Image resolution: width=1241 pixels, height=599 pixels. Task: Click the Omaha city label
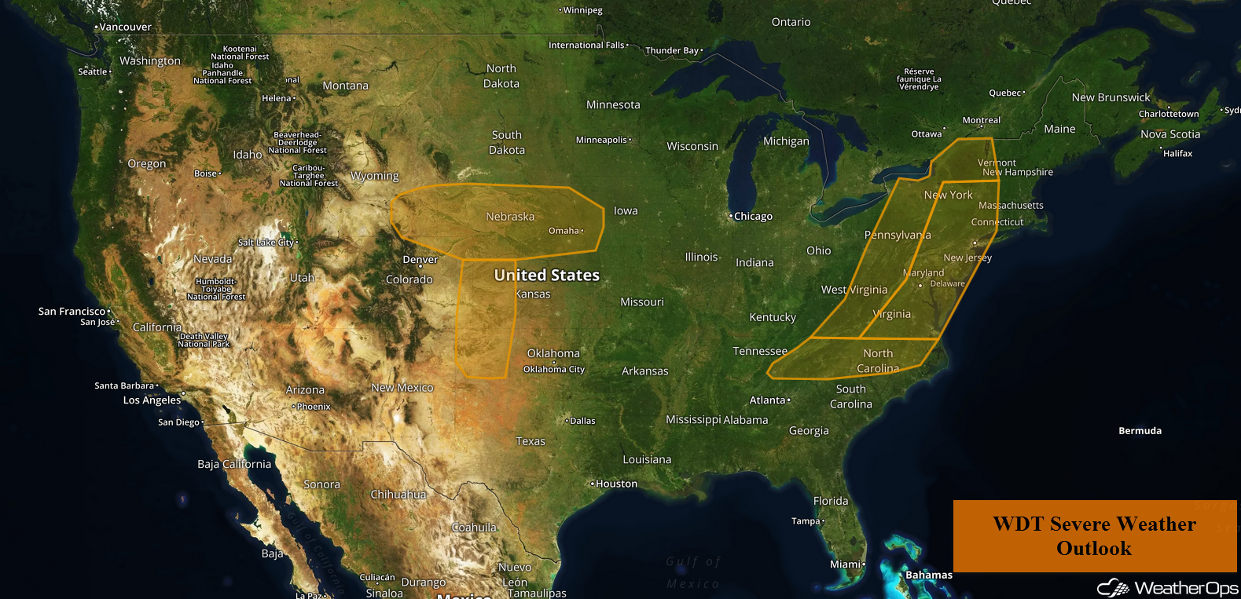(564, 231)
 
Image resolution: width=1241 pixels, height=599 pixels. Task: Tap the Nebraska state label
(510, 217)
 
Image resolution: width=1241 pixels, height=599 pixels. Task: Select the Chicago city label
(753, 216)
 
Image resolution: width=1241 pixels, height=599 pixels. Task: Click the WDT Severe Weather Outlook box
(1094, 536)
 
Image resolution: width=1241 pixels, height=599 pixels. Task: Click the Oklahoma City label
(554, 369)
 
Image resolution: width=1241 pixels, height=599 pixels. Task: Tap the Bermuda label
(1140, 430)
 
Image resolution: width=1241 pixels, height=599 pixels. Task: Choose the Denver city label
(420, 260)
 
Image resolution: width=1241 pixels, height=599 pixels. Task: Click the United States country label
(546, 275)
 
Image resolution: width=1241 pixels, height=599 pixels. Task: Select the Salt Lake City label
(266, 243)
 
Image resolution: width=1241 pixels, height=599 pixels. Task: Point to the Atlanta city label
(768, 400)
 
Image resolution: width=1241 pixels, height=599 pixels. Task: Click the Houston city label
(616, 484)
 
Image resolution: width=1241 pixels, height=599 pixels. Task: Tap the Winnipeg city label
(582, 10)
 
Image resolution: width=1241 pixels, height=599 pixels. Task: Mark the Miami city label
(845, 564)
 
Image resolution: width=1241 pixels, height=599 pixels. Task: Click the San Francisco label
(72, 311)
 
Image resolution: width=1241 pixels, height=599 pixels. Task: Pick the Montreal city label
(982, 120)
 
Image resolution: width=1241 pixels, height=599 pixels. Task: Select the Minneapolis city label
(601, 140)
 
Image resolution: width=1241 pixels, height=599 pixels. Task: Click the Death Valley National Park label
(204, 340)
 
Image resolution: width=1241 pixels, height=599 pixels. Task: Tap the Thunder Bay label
(672, 50)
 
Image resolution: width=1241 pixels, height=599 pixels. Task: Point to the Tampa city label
(806, 520)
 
